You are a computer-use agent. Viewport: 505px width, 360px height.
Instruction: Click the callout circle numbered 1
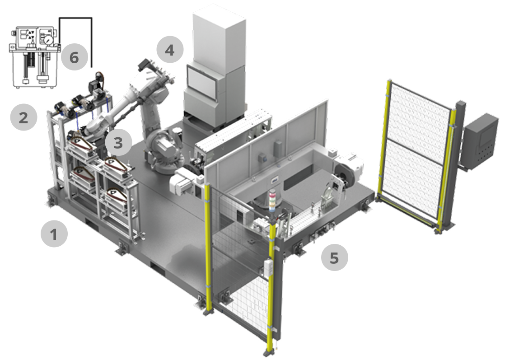(x=54, y=234)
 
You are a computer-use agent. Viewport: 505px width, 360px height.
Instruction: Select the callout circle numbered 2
(x=23, y=117)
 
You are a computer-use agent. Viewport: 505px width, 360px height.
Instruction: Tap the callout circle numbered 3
(x=118, y=142)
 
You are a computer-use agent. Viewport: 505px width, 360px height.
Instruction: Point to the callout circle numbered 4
(x=170, y=50)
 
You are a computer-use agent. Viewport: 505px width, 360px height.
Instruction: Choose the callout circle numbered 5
(x=335, y=257)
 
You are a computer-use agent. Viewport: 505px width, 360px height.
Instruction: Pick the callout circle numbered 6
(x=75, y=57)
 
